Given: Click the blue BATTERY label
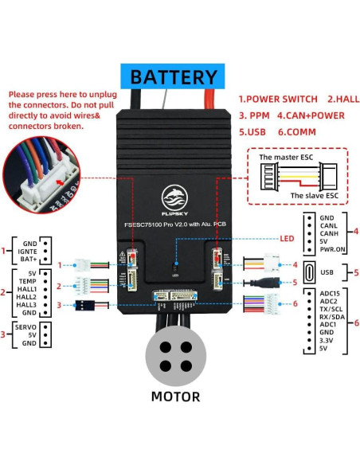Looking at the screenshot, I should coord(174,77).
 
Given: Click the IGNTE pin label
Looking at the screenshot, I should coord(29,251).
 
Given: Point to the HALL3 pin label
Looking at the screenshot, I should coord(26,305).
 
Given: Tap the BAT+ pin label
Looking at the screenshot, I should coord(29,260).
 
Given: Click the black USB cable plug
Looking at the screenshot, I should coord(268,282).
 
